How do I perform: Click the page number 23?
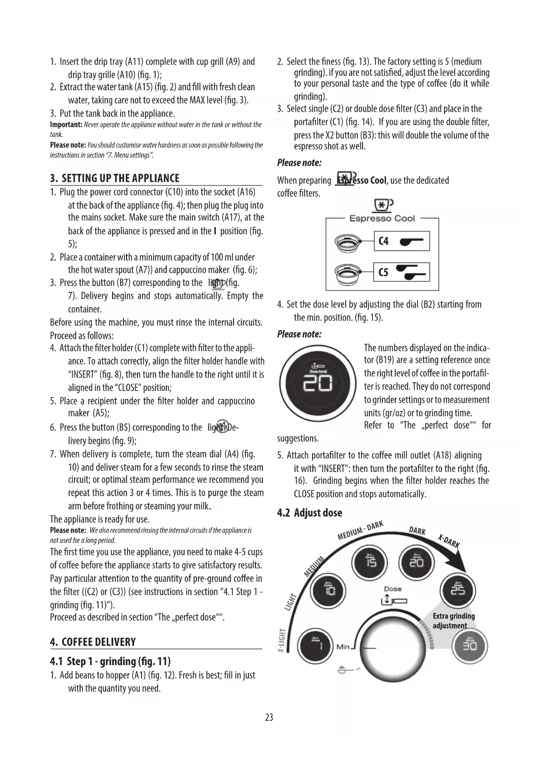click(269, 717)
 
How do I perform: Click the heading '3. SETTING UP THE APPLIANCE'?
click(115, 178)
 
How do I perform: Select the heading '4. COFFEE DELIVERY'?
click(93, 642)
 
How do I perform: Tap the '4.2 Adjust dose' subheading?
click(310, 513)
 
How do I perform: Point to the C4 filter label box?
click(402, 241)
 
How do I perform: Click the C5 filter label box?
click(402, 273)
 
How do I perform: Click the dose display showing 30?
click(470, 646)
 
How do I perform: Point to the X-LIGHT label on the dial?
click(282, 640)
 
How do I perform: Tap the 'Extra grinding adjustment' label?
click(453, 621)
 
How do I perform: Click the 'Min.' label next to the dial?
click(343, 647)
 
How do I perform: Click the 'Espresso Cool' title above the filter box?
click(382, 218)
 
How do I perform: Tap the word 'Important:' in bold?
click(66, 125)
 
